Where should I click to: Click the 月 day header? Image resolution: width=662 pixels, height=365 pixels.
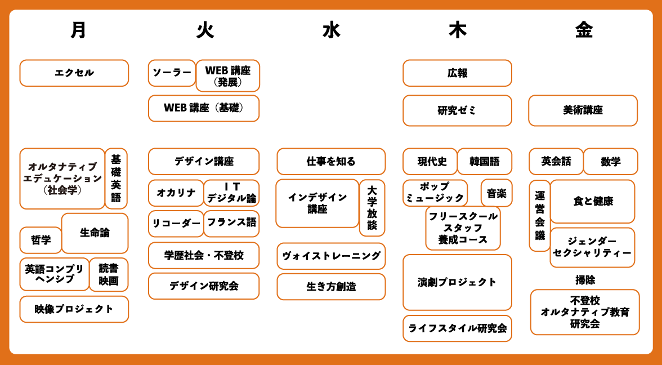coord(78,30)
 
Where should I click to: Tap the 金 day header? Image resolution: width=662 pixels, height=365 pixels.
coord(583,30)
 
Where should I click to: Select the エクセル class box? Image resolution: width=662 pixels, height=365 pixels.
coord(74,73)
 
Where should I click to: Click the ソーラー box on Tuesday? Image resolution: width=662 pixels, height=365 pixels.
coord(172,73)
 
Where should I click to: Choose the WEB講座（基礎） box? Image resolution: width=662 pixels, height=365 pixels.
coord(204,109)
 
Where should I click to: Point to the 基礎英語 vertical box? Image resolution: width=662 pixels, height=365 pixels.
coord(116,178)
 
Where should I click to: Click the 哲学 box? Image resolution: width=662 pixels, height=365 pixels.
coord(41,240)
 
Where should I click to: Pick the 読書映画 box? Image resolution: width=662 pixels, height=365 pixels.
coord(109,275)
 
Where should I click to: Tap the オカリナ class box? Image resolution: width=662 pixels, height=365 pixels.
coord(176,193)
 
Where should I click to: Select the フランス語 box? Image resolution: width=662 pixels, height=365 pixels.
coord(231,224)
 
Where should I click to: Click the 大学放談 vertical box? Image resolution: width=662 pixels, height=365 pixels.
coord(372,208)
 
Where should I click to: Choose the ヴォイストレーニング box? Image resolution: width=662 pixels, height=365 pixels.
coord(331,256)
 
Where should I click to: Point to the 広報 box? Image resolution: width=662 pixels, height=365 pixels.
coord(457,73)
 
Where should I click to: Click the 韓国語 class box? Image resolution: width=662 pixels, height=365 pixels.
coord(484,161)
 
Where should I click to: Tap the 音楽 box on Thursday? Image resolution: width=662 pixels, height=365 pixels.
coord(496,193)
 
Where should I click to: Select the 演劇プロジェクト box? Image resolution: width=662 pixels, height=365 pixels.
coord(457,282)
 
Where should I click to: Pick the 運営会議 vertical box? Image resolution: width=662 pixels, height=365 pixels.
coord(539,215)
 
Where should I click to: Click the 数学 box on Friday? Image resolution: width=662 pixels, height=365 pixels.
coord(610,161)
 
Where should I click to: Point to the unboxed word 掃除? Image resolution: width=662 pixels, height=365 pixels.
coord(585,279)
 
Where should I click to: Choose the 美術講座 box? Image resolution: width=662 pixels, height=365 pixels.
coord(583,110)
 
